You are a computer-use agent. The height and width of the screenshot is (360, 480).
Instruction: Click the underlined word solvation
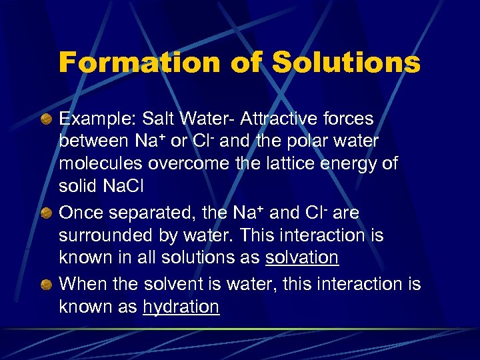(302, 257)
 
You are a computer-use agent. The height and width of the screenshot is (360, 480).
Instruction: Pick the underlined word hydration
(181, 307)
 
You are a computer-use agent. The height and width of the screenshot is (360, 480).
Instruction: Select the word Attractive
(280, 119)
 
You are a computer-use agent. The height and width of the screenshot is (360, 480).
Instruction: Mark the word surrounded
(101, 235)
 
